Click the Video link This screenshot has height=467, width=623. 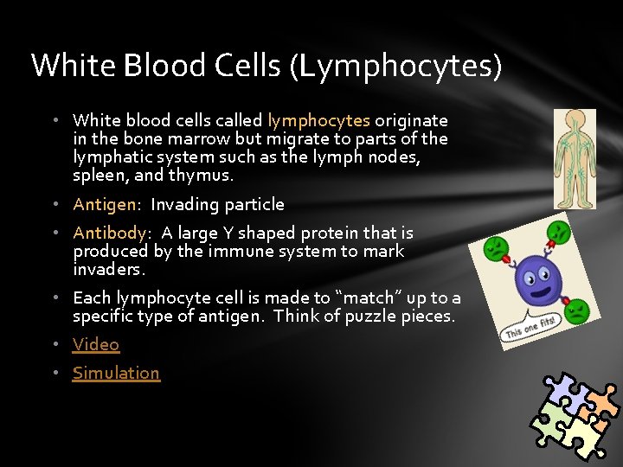[96, 344]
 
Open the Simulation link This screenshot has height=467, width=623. [116, 373]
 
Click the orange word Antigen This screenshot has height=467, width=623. [105, 204]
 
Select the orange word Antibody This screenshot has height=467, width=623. [109, 233]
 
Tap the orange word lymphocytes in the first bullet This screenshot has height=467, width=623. [318, 120]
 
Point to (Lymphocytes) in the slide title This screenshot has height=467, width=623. [396, 67]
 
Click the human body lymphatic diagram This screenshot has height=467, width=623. [575, 158]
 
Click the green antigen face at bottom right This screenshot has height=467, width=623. [577, 310]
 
